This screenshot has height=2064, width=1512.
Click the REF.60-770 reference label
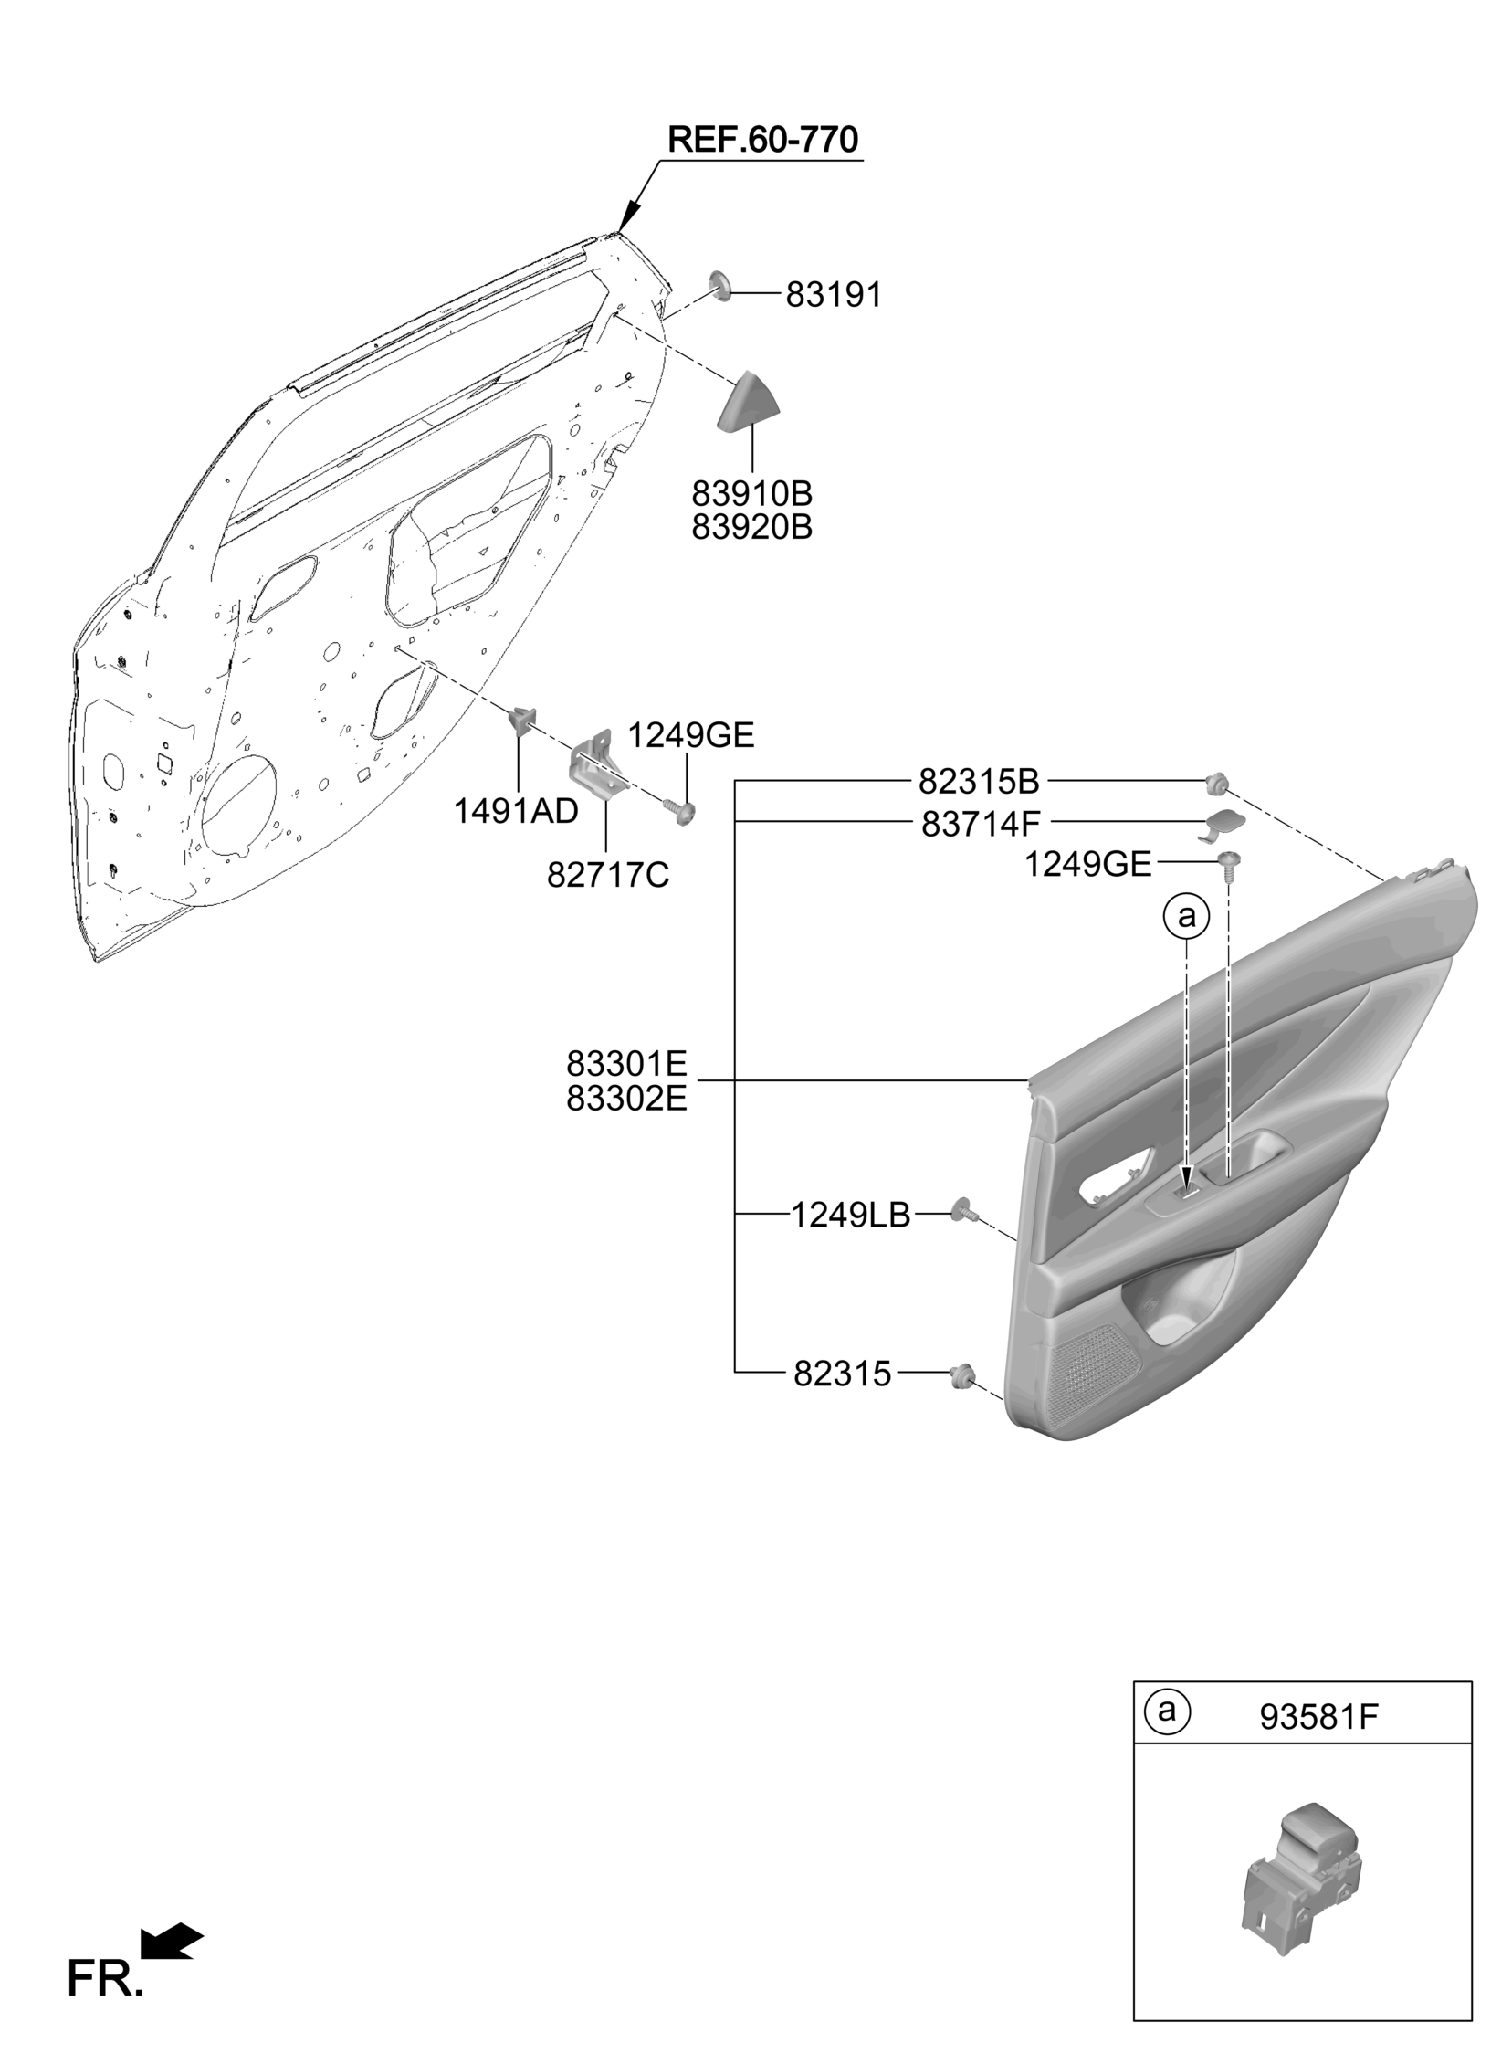click(x=762, y=140)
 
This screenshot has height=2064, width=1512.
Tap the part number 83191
click(x=834, y=295)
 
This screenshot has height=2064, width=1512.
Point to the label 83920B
click(x=751, y=528)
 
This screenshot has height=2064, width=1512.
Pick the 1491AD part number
click(x=516, y=810)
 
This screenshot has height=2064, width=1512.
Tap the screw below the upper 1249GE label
click(x=681, y=811)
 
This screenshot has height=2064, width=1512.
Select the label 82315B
click(x=980, y=782)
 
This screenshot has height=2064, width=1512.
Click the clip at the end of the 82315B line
click(x=1217, y=783)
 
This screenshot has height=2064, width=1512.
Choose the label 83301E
click(x=626, y=1064)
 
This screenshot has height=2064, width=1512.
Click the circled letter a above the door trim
click(x=1186, y=915)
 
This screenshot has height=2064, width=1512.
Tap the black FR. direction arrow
click(x=172, y=1942)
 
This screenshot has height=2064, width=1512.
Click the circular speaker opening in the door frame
click(x=240, y=806)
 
